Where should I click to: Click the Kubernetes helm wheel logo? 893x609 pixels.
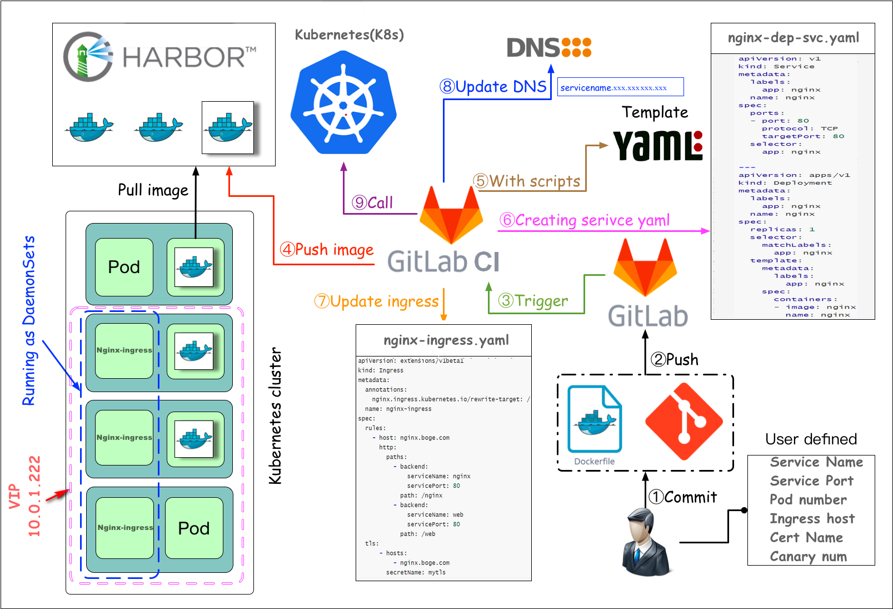(343, 103)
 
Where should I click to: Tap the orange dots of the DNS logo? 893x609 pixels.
(576, 47)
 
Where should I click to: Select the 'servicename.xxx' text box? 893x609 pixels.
(620, 87)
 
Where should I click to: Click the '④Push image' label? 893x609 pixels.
(327, 250)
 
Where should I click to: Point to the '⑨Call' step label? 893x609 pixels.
(372, 203)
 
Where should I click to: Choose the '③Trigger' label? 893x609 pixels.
(533, 301)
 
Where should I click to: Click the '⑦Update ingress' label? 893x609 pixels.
(377, 301)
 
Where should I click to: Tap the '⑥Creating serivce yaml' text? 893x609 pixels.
(585, 220)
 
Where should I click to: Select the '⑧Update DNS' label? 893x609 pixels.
(493, 87)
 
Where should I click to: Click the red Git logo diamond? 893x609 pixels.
(684, 422)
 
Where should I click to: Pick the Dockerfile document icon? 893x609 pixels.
(594, 420)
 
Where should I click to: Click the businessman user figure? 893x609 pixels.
(645, 542)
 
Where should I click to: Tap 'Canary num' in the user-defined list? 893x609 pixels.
(809, 556)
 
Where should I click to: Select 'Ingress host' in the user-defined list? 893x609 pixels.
(812, 518)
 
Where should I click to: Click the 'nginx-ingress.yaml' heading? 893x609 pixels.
(446, 340)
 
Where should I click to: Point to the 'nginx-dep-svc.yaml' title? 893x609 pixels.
(793, 38)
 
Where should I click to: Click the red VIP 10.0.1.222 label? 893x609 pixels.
(25, 496)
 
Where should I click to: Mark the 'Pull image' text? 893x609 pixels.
(153, 190)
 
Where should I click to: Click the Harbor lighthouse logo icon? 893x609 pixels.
(88, 57)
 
